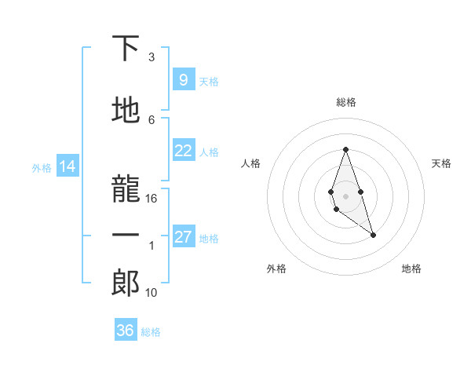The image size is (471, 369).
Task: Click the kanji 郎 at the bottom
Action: [x=126, y=282]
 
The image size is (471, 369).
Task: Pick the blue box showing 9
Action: [x=183, y=79]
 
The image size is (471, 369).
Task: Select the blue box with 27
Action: [x=183, y=237]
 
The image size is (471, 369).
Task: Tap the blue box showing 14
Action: [x=67, y=166]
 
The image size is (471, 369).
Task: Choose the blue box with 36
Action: [x=126, y=331]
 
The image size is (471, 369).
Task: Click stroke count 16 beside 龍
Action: [x=152, y=199]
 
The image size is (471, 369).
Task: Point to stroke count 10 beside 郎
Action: [x=152, y=293]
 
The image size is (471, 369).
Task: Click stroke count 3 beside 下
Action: [x=152, y=57]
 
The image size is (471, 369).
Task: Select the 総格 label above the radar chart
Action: [x=345, y=102]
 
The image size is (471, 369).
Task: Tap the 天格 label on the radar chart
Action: [x=442, y=163]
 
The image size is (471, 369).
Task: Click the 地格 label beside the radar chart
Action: [x=411, y=269]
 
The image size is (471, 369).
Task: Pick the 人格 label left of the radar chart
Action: [x=251, y=163]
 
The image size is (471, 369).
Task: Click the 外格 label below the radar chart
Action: [x=276, y=269]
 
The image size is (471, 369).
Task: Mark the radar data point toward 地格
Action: [x=373, y=235]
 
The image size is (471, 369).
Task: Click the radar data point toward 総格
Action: [x=345, y=149]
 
